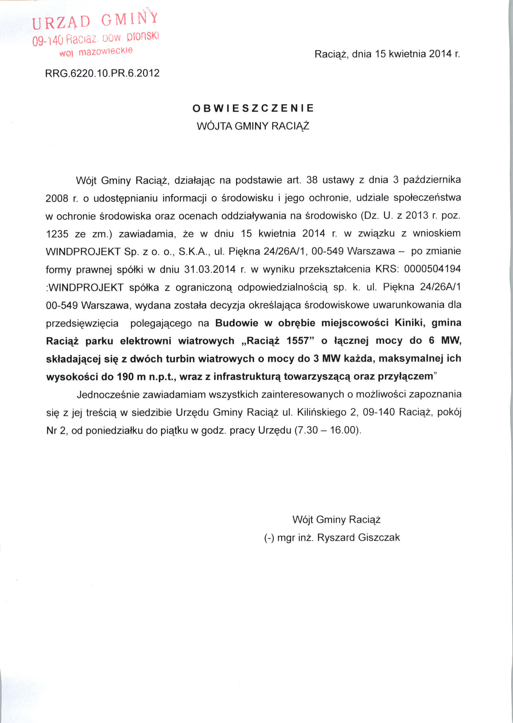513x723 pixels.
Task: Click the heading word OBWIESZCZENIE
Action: coord(253,108)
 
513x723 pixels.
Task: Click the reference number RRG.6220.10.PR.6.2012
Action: coord(102,73)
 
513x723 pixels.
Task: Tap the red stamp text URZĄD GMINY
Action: coord(95,20)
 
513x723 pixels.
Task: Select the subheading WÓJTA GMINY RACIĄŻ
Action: coord(253,126)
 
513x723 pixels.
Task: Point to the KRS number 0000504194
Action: coord(432,269)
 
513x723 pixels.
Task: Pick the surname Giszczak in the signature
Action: coord(379,537)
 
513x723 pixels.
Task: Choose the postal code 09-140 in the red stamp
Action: coord(48,41)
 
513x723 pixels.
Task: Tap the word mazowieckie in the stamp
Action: coord(106,51)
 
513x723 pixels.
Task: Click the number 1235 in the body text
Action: coord(57,234)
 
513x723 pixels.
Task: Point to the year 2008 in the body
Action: coord(57,198)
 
